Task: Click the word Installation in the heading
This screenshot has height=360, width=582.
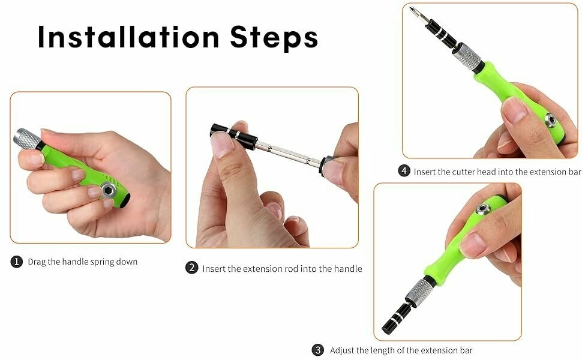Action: (128, 37)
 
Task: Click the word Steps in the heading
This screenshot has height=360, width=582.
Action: (274, 38)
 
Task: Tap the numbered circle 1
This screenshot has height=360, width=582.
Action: (16, 262)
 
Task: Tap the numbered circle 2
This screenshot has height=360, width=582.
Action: (191, 268)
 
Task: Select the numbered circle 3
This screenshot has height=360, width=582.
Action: (317, 350)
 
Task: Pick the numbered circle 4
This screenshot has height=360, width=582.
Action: (404, 171)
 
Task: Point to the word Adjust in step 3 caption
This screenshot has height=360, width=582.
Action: (342, 350)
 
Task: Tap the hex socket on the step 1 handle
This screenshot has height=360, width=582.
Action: (109, 189)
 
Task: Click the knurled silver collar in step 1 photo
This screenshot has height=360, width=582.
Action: (27, 139)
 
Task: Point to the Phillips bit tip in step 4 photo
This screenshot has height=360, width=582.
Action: (412, 9)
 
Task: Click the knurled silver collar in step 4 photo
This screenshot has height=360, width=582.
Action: (469, 57)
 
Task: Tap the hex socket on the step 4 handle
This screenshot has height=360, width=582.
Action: (550, 120)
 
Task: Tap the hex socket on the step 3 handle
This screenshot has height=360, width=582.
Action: (483, 209)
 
